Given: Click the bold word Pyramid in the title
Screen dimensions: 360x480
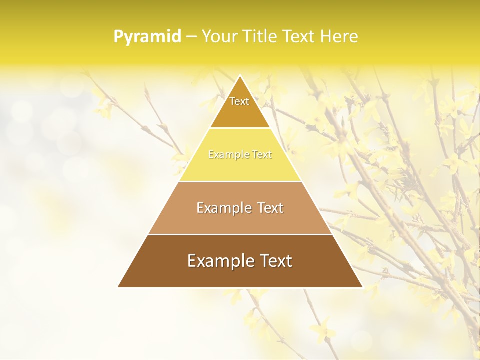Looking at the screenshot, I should tap(147, 37).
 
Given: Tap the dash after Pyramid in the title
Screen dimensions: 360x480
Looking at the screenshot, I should tap(191, 37).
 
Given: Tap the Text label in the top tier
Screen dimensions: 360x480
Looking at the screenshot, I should tap(239, 101).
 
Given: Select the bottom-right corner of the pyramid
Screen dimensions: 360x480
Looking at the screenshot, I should tap(362, 287).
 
